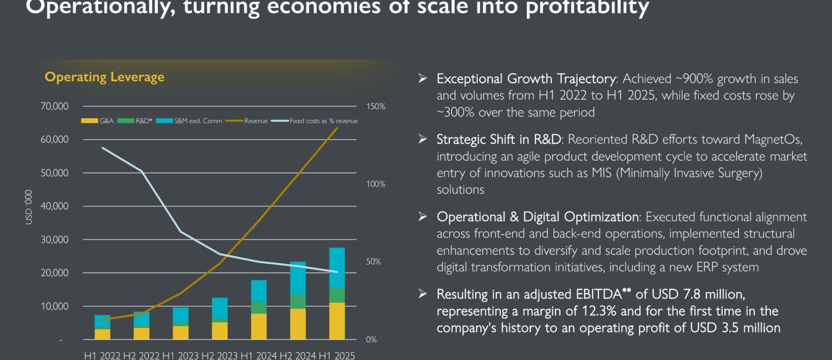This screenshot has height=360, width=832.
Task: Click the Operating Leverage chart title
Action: [104, 77]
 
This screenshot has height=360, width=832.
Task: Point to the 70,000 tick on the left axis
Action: [54, 106]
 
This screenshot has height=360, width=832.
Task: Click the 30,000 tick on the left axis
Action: [54, 240]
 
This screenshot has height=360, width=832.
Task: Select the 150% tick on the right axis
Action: [375, 106]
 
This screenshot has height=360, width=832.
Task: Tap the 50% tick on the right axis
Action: [373, 262]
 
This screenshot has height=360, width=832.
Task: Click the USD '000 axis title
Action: [29, 207]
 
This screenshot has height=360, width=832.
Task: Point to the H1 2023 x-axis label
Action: [180, 356]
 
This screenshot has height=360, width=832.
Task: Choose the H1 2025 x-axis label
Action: [337, 356]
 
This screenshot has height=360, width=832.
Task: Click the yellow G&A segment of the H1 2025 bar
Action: [337, 321]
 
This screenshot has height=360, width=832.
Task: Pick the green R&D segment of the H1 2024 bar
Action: [259, 308]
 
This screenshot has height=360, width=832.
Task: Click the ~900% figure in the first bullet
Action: [694, 79]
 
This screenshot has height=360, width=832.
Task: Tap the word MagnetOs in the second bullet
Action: [773, 139]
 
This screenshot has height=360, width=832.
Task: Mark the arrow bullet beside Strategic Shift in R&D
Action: [422, 139]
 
